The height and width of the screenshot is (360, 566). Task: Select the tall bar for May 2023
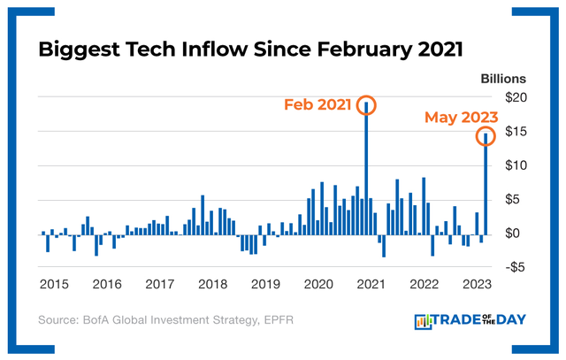pyautogui.click(x=486, y=186)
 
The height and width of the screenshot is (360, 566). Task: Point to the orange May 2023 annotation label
pyautogui.click(x=461, y=117)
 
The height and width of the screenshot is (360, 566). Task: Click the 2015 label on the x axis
pyautogui.click(x=54, y=285)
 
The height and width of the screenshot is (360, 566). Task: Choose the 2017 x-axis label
pyautogui.click(x=159, y=285)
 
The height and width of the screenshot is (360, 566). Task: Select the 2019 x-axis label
pyautogui.click(x=265, y=285)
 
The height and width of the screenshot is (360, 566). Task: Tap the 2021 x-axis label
pyautogui.click(x=371, y=285)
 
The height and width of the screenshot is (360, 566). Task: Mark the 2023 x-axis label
pyautogui.click(x=477, y=285)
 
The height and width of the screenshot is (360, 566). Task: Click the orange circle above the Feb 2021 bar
pyautogui.click(x=367, y=104)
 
